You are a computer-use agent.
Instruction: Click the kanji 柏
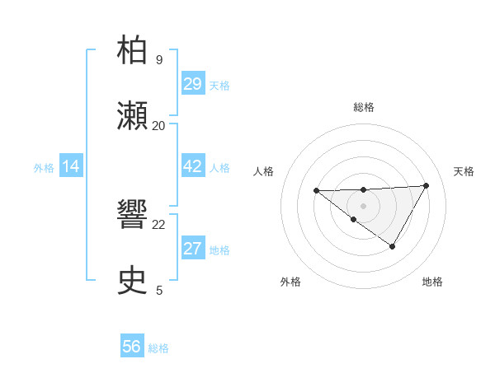point(133,51)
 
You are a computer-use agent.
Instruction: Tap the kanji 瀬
point(133,117)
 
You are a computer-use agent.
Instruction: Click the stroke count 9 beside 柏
point(158,59)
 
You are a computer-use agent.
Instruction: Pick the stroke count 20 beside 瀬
point(158,125)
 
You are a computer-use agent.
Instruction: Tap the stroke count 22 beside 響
point(158,224)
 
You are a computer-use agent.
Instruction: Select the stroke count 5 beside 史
point(158,290)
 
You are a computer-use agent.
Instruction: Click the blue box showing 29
point(192,84)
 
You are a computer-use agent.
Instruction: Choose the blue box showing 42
point(192,166)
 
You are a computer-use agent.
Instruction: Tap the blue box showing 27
point(192,249)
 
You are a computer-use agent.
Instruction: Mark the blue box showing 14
point(71,167)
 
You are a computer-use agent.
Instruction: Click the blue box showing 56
point(132,347)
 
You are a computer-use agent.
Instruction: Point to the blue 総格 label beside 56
point(158,348)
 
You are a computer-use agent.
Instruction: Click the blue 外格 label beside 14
point(44,168)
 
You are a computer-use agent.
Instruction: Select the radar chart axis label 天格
point(464,171)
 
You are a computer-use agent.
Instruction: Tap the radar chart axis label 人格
point(263,171)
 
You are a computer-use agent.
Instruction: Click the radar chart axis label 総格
point(363,107)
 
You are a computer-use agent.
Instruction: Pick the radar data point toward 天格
point(426,185)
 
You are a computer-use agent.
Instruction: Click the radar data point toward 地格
point(393,246)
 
